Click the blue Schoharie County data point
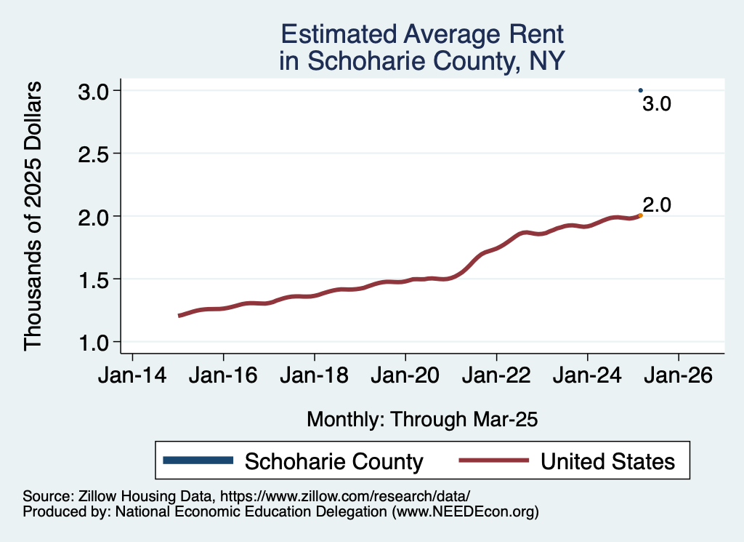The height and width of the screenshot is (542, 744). (x=640, y=90)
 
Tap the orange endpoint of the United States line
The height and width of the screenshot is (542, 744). (x=640, y=215)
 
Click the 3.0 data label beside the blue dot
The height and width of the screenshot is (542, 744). (x=657, y=105)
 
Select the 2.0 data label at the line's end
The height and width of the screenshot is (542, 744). (x=657, y=205)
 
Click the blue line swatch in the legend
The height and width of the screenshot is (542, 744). (x=198, y=461)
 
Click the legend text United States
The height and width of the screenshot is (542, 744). (x=607, y=461)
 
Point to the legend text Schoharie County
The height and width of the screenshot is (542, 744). (x=333, y=461)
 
